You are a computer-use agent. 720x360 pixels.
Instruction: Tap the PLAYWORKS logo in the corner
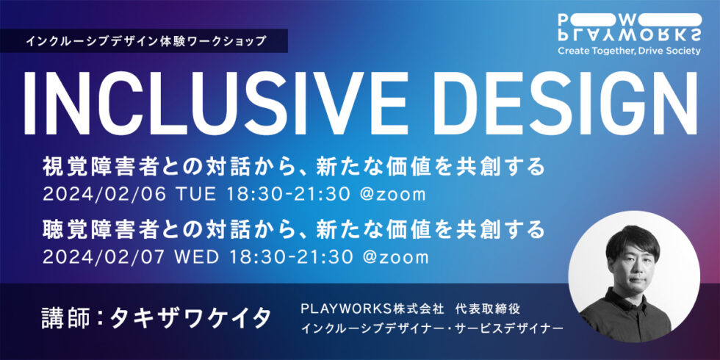630,28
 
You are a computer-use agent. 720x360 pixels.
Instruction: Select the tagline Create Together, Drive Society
630,51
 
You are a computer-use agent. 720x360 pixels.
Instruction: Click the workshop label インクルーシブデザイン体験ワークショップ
146,41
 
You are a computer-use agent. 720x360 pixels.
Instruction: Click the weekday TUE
198,195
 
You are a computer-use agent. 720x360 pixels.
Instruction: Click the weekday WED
200,256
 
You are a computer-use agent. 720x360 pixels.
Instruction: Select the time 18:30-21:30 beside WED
292,256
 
